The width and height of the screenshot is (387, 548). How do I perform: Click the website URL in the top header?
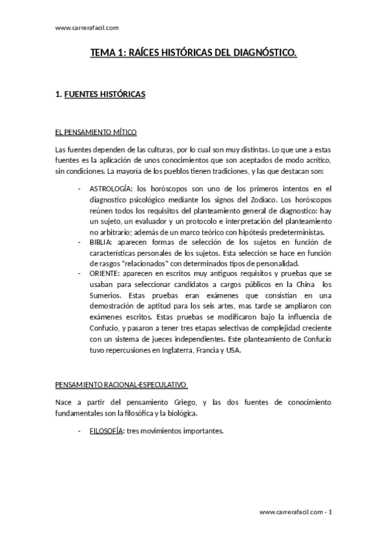pyautogui.click(x=87, y=28)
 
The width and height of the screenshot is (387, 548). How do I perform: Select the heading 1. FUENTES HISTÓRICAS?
pyautogui.click(x=101, y=94)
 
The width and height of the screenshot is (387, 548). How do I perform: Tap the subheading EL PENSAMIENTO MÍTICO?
pyautogui.click(x=96, y=132)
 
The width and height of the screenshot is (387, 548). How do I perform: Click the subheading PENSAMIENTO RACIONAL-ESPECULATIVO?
pyautogui.click(x=121, y=386)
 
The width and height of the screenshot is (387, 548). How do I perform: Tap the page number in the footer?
pyautogui.click(x=330, y=512)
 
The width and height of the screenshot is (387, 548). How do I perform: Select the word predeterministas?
pyautogui.click(x=295, y=233)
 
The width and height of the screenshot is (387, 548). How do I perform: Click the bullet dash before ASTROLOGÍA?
pyautogui.click(x=79, y=189)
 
